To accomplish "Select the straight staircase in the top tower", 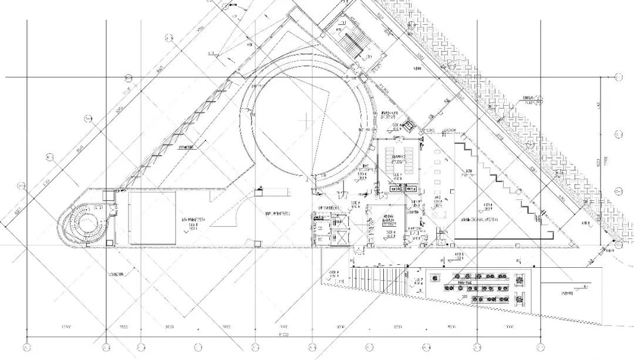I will (x=353, y=45).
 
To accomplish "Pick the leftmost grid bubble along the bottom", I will (x=26, y=346).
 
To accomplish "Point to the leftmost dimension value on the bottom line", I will (x=66, y=327).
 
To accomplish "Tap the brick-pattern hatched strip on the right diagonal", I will (x=517, y=117).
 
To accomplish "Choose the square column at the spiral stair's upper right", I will (x=108, y=195).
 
